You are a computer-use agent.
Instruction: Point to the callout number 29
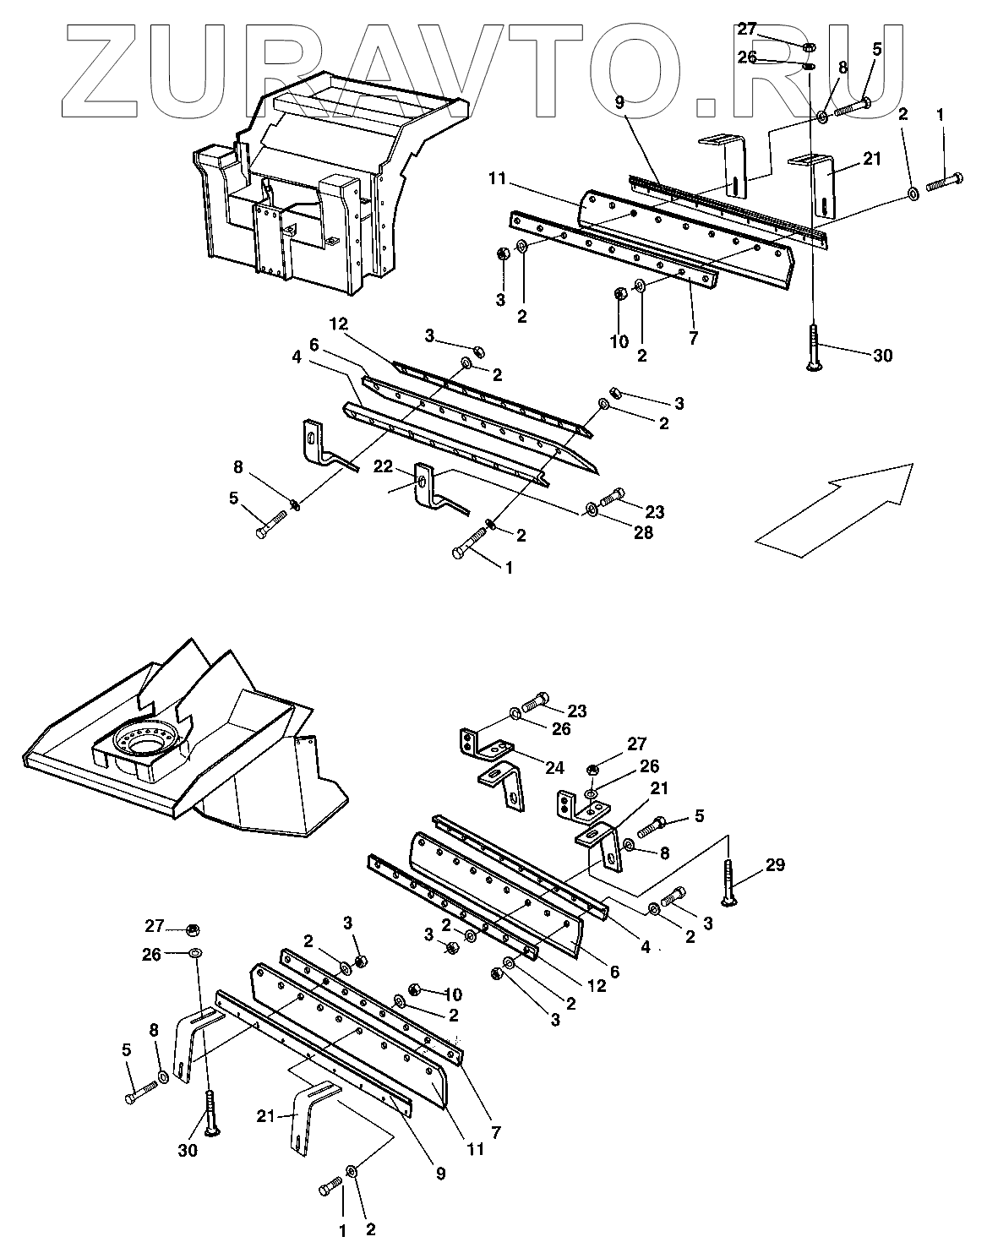(x=775, y=864)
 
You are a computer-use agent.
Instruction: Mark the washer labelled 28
(x=590, y=509)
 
